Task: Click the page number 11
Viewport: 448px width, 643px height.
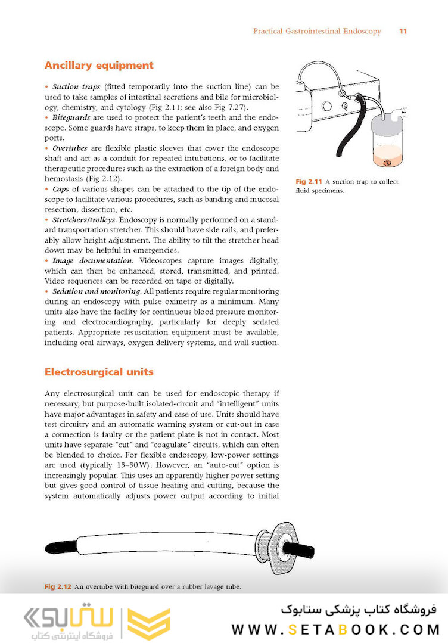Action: (403, 31)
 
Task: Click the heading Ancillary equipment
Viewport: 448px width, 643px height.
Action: (99, 66)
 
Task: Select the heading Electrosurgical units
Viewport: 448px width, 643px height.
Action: (99, 372)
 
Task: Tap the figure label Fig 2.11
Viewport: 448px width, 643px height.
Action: (309, 182)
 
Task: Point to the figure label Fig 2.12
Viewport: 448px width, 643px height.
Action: (58, 587)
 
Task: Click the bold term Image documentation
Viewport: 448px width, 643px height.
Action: (92, 260)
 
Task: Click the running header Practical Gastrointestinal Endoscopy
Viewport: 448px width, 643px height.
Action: (317, 31)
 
